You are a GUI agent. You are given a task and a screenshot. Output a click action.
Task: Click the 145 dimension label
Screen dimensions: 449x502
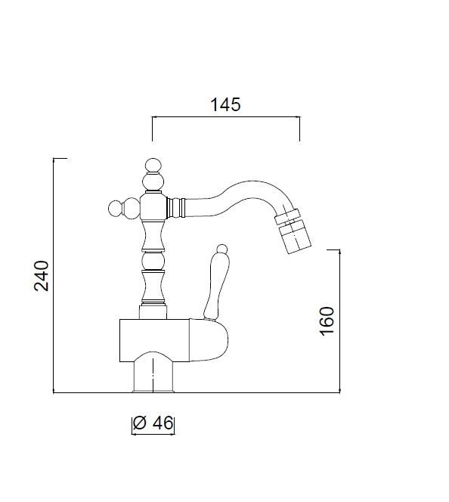click(x=225, y=104)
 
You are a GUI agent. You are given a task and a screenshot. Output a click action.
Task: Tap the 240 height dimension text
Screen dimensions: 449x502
click(x=42, y=276)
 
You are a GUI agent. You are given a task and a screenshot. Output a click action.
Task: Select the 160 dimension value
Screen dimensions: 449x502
click(x=327, y=321)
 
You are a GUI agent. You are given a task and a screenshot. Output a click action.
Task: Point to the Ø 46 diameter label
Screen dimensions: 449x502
click(x=153, y=423)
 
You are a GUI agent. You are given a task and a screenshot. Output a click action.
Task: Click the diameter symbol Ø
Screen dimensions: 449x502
click(x=140, y=423)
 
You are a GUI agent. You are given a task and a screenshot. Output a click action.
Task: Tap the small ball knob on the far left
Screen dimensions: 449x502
click(x=116, y=209)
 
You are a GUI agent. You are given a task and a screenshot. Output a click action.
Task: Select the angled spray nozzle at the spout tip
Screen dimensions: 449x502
click(x=293, y=231)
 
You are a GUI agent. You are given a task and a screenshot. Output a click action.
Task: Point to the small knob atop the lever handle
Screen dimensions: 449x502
click(x=221, y=249)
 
